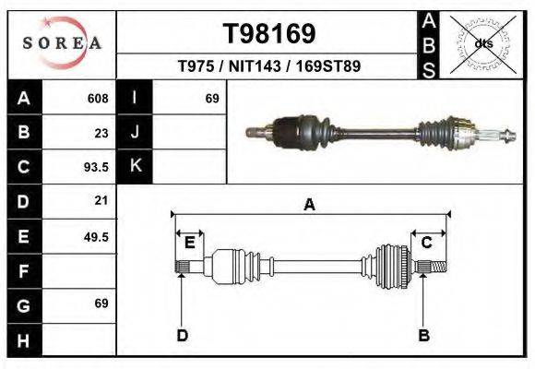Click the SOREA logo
(x=62, y=43)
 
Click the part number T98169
(x=269, y=34)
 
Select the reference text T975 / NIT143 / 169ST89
(x=268, y=66)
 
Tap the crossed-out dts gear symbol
(x=482, y=43)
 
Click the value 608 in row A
(x=97, y=99)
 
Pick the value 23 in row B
(x=101, y=133)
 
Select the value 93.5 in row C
(x=96, y=167)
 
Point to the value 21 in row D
(x=101, y=200)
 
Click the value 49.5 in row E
(x=96, y=236)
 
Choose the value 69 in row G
(x=101, y=304)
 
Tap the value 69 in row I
(x=211, y=99)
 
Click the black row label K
(x=135, y=167)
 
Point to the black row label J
(x=135, y=133)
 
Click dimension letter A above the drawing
(x=310, y=206)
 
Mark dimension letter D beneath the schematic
(x=182, y=335)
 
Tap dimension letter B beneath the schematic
(x=424, y=335)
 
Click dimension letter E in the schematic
(x=189, y=243)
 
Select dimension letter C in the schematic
(x=427, y=243)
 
